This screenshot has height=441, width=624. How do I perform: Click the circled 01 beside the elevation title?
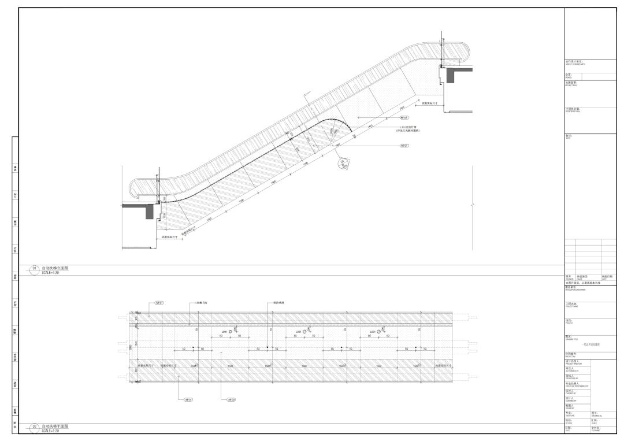point(34,269)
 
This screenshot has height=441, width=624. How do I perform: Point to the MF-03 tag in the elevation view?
point(404,117)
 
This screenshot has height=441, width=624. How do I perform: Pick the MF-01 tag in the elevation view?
point(404,146)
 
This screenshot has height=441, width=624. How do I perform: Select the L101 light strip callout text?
point(408,129)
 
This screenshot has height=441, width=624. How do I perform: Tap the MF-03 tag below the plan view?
point(231,399)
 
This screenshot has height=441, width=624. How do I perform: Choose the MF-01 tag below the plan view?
point(188,399)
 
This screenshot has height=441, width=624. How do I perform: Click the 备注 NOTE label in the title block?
point(569,136)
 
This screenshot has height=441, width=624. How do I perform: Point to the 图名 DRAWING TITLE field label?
point(569,337)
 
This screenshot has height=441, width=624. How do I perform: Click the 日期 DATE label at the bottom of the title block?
point(569,428)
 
